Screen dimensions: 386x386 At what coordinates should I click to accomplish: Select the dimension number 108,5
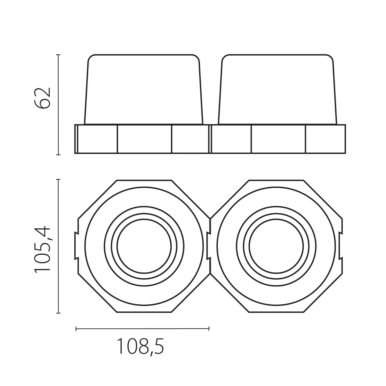[x=141, y=346]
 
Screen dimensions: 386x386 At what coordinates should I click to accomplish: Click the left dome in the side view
[x=144, y=89]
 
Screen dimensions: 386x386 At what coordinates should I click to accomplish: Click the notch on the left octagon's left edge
[x=76, y=245]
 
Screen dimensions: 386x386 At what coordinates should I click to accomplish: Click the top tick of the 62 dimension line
[x=58, y=55]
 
